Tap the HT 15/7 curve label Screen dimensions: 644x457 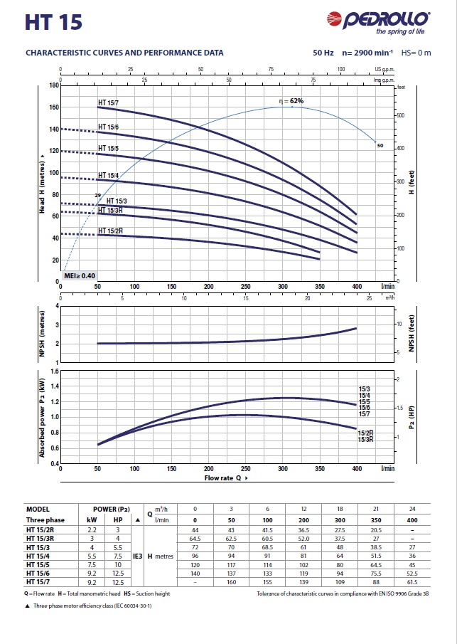[x=108, y=103]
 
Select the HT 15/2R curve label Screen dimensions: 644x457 [x=110, y=231]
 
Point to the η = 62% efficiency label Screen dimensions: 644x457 [x=291, y=101]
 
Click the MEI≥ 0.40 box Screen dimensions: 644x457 [x=80, y=275]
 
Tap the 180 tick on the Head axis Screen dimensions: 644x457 [x=53, y=85]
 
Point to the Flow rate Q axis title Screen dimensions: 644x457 [x=227, y=478]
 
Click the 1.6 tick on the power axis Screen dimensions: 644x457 [x=54, y=371]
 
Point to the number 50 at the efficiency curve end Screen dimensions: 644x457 [x=380, y=145]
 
